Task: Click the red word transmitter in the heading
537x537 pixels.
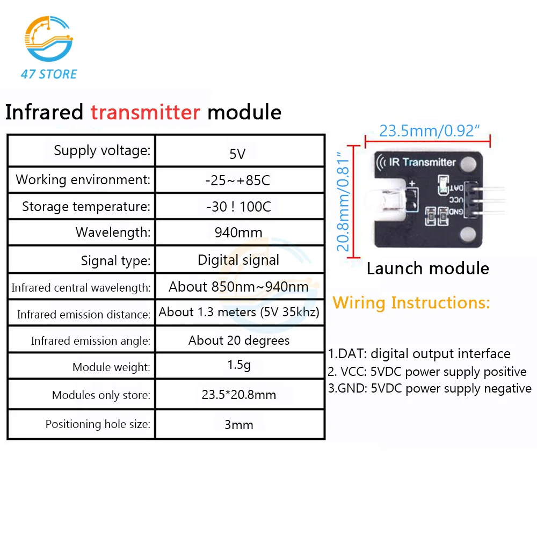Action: pyautogui.click(x=145, y=113)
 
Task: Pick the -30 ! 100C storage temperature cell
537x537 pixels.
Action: pyautogui.click(x=238, y=207)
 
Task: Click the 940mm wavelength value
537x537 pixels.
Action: pyautogui.click(x=238, y=233)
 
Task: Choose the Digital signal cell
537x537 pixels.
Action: pyautogui.click(x=238, y=260)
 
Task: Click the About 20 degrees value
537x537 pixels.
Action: pyautogui.click(x=238, y=340)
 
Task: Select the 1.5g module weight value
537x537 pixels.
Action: pyautogui.click(x=238, y=366)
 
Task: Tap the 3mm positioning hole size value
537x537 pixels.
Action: pyautogui.click(x=238, y=425)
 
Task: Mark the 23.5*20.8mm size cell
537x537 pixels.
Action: pyautogui.click(x=238, y=395)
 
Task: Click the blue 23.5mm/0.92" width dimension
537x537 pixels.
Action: pyautogui.click(x=429, y=130)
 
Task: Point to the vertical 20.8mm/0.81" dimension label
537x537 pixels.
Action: pyautogui.click(x=344, y=202)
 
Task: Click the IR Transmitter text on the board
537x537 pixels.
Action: pyautogui.click(x=423, y=162)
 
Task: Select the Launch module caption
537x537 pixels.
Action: pyautogui.click(x=427, y=268)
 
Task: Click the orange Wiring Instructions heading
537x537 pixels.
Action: pyautogui.click(x=411, y=302)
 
